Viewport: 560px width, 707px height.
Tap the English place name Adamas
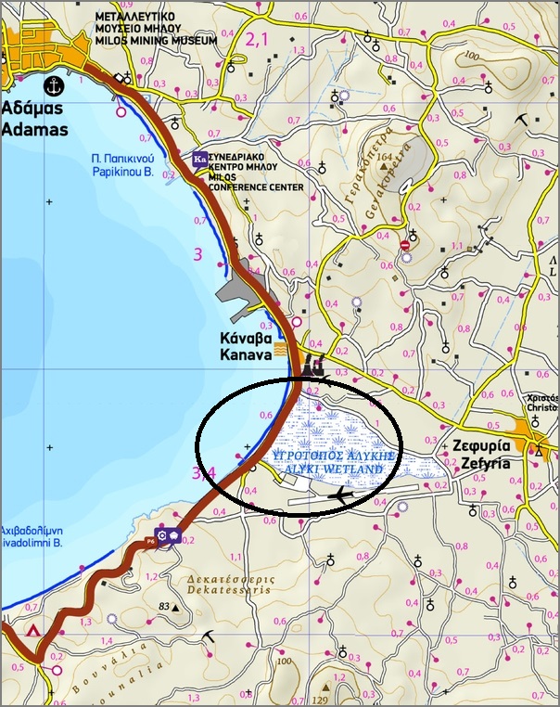[35, 129]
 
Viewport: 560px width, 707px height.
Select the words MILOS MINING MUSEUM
[157, 41]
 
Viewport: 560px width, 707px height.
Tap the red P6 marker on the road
[149, 541]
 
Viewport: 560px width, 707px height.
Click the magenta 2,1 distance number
[255, 39]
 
